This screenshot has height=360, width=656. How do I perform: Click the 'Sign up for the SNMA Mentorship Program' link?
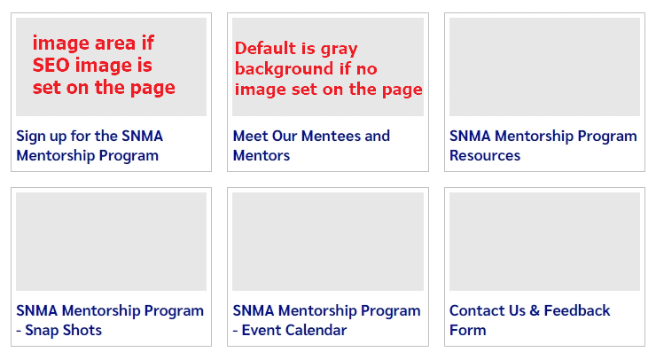pos(89,145)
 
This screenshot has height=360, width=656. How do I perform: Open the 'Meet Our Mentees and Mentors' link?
pos(310,145)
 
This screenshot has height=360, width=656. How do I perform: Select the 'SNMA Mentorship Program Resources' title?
pos(543,145)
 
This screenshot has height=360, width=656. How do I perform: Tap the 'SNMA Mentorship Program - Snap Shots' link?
pos(109,320)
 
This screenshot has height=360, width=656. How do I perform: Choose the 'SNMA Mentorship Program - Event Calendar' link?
pos(326,320)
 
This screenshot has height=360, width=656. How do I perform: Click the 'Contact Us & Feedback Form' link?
pos(529,320)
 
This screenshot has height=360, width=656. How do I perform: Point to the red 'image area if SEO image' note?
pos(103,65)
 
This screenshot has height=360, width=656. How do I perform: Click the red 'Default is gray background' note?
pos(328,69)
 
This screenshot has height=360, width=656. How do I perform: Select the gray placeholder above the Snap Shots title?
pos(111,241)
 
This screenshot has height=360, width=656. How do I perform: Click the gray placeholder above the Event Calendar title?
pos(327,241)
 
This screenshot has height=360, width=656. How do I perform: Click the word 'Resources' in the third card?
pos(484,156)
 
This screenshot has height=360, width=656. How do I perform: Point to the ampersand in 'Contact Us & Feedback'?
pos(532,310)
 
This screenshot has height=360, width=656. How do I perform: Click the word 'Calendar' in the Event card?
pos(316,331)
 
